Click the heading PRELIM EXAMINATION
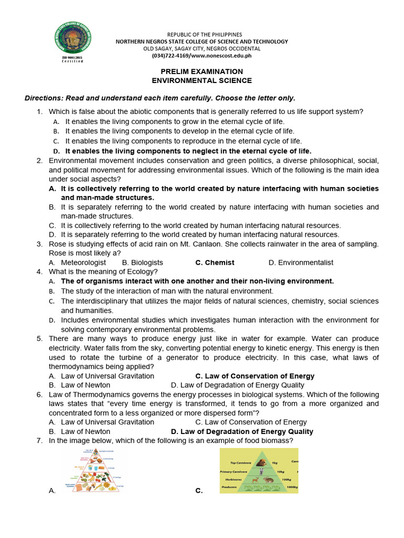click(201, 71)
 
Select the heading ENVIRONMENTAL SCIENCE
click(201, 81)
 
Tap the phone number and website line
click(201, 55)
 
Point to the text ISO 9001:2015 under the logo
click(72, 57)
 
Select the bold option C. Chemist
click(215, 263)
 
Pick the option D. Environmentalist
click(300, 263)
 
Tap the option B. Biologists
click(142, 263)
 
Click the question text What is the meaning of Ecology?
click(103, 272)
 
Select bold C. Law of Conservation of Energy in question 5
click(255, 376)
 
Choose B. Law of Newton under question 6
click(79, 432)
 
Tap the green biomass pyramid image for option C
click(258, 470)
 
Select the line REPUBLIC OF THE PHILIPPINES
click(201, 34)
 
